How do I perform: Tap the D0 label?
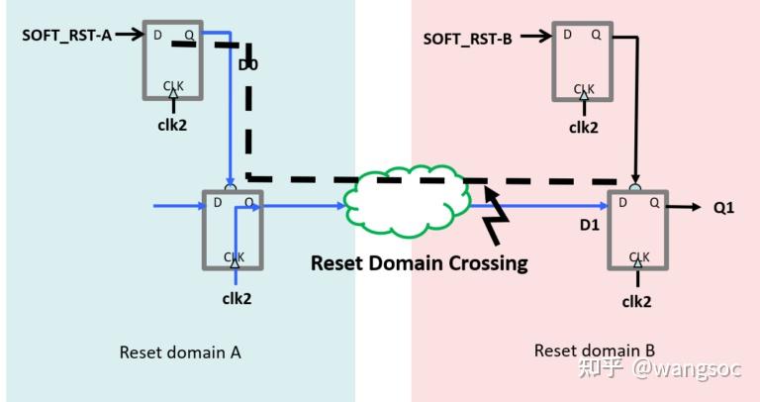(247, 66)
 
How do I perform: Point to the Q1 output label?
(725, 207)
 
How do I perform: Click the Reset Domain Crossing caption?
(419, 263)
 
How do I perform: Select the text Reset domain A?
(180, 352)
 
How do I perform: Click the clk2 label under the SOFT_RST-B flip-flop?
(585, 127)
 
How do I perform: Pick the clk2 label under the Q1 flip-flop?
(638, 301)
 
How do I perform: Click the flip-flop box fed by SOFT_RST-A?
(173, 59)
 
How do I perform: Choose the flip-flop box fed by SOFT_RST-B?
(584, 61)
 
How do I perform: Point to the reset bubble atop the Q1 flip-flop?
(635, 185)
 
